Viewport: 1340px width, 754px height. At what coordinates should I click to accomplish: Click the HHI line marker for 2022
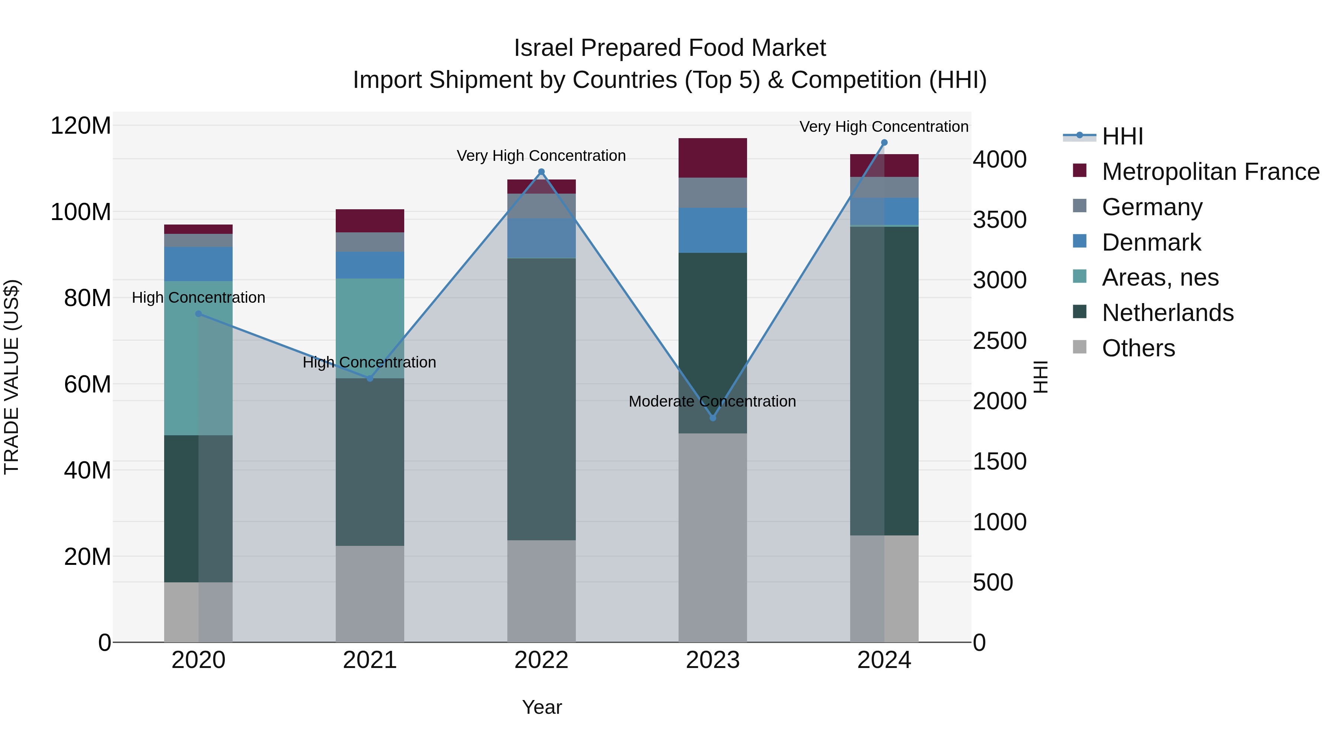click(x=541, y=172)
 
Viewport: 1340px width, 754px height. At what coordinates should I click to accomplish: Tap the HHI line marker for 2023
click(x=713, y=418)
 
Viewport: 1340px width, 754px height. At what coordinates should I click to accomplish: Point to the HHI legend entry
click(x=1122, y=136)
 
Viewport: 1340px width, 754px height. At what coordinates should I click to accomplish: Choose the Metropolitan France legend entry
click(x=1210, y=172)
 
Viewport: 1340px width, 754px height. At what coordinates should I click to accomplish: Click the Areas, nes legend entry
click(x=1160, y=277)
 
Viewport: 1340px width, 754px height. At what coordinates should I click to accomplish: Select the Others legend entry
click(x=1138, y=348)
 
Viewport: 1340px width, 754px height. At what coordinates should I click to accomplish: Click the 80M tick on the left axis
click(x=87, y=298)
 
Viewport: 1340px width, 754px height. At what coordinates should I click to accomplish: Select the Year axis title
click(x=542, y=707)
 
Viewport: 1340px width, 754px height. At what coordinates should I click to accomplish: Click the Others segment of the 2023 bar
click(x=713, y=536)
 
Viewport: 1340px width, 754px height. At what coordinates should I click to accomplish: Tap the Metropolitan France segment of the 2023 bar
click(x=713, y=158)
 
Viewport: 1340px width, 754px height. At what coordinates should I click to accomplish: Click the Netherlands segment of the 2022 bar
click(x=541, y=398)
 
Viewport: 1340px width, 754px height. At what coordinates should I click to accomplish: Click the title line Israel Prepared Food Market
click(x=670, y=48)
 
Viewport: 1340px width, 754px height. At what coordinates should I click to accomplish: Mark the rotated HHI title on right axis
click(x=1040, y=377)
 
